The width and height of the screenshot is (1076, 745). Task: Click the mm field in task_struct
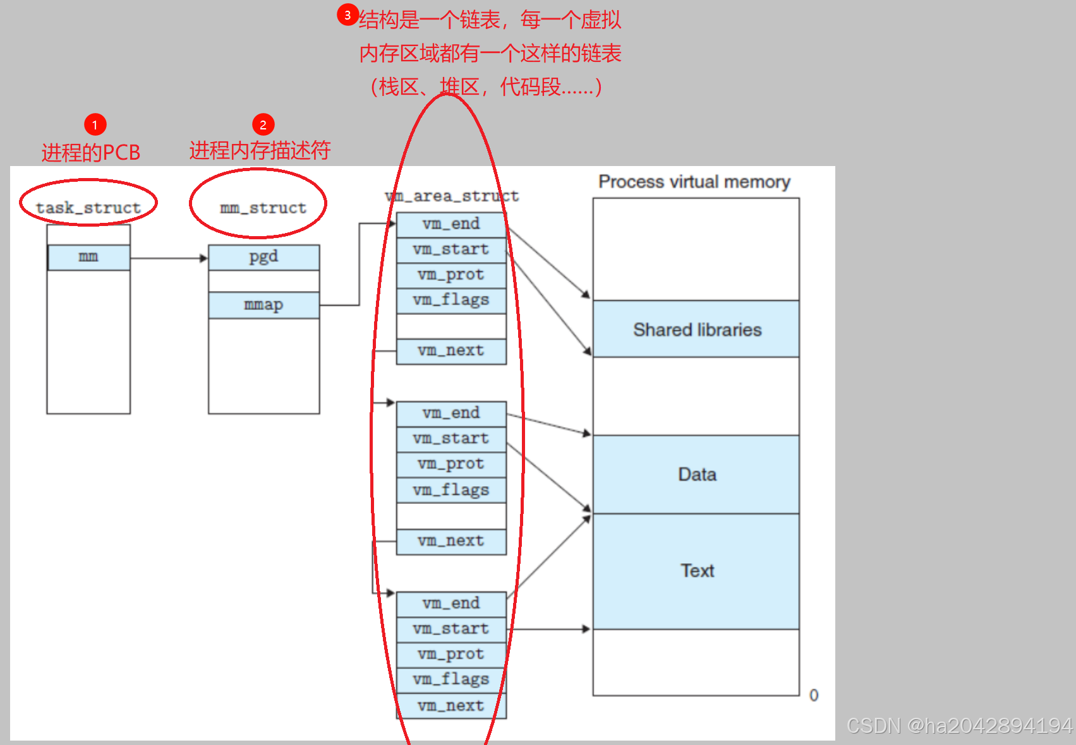88,257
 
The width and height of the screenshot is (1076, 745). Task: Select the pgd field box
263,257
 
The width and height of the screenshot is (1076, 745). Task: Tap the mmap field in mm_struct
263,305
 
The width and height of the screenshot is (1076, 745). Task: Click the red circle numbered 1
95,124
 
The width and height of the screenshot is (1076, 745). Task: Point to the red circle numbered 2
263,124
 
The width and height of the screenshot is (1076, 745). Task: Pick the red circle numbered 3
348,15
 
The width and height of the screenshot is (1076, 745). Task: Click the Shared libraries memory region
696,329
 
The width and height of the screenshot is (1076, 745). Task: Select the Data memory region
696,474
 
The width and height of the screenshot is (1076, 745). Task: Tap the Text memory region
696,571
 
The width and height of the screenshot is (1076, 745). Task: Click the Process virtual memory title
694,182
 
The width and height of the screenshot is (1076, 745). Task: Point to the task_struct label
88,208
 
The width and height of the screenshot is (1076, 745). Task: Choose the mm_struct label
263,208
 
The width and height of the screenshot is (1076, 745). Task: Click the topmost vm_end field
451,224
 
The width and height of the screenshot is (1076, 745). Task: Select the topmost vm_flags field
451,300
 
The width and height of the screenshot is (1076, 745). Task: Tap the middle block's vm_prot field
451,464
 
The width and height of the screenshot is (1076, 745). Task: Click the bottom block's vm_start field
451,629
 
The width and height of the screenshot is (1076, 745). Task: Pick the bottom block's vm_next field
451,705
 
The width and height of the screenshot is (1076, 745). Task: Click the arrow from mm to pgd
169,258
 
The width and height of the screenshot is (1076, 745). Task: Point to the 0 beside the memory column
814,695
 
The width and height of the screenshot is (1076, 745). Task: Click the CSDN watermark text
959,726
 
